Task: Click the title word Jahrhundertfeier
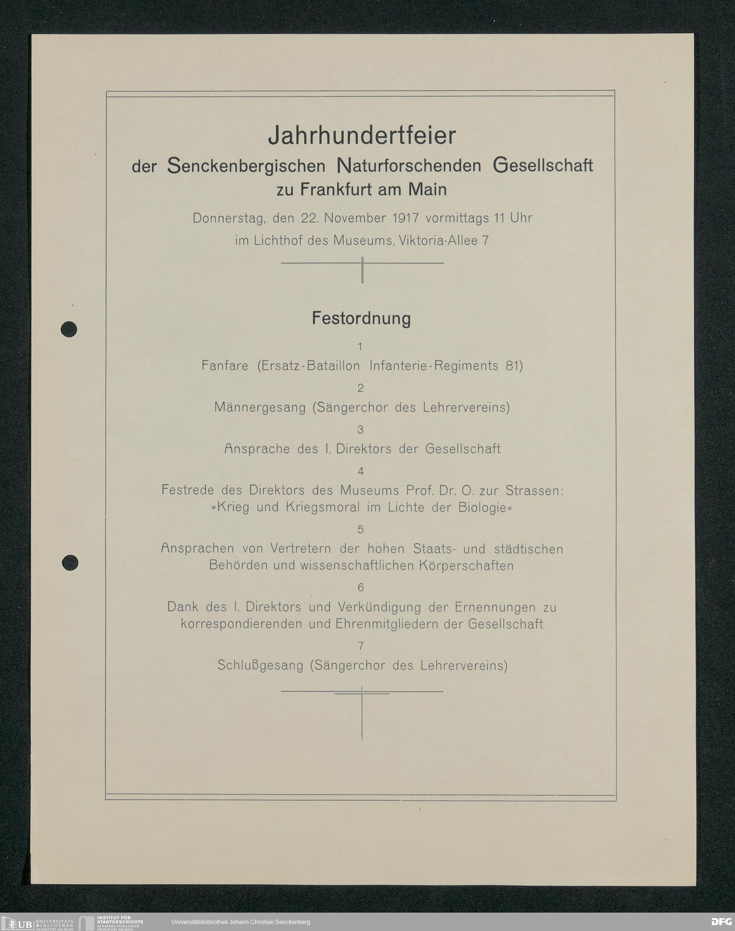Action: [x=362, y=136]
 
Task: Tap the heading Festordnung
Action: [x=361, y=319]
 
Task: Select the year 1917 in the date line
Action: [x=405, y=218]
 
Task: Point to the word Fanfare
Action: [x=225, y=366]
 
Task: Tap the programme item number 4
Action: [x=361, y=471]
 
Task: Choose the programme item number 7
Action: [x=361, y=646]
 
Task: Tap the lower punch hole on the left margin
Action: [x=70, y=563]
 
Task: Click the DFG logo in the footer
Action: [x=721, y=922]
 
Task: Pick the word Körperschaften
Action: [x=466, y=566]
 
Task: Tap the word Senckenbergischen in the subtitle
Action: [x=246, y=166]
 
